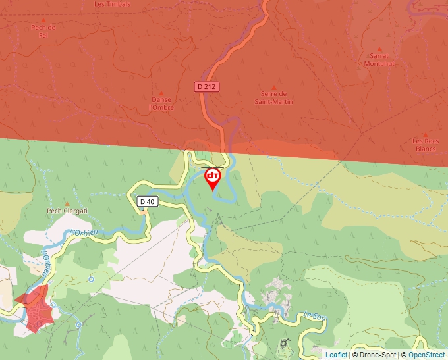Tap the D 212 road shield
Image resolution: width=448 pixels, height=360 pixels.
tap(206, 86)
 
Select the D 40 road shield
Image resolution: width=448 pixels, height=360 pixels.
tap(148, 202)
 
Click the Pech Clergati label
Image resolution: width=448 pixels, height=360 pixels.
tap(67, 211)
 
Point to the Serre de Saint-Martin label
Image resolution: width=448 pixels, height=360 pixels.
tap(273, 98)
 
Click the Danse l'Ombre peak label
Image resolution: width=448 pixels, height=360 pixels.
tap(161, 103)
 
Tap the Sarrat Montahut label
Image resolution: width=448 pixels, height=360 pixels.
tap(379, 60)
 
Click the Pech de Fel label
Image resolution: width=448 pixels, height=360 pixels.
tap(43, 31)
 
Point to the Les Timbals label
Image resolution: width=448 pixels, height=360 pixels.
tap(112, 4)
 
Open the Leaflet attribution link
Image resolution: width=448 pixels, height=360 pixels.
tap(336, 355)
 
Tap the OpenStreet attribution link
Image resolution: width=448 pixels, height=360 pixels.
tap(428, 355)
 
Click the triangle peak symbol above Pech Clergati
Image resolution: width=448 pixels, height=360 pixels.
tap(67, 204)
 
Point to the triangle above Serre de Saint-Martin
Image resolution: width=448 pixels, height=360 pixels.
tap(273, 86)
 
